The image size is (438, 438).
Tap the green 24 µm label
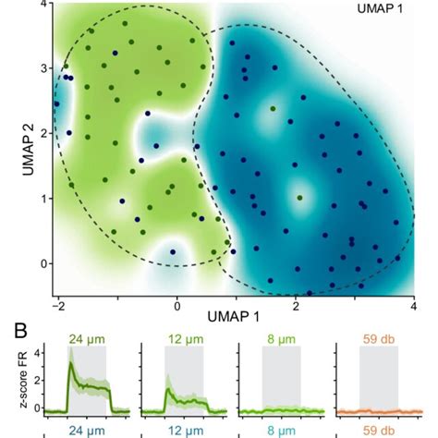[85, 339]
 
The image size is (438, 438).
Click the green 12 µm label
[183, 339]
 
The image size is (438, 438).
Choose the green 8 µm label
[280, 339]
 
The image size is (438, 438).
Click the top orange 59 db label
[377, 339]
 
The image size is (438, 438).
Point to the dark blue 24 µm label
[85, 430]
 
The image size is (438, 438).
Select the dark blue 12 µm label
[183, 430]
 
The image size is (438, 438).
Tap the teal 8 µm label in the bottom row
[280, 430]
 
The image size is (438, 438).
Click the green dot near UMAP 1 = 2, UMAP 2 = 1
[299, 198]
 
